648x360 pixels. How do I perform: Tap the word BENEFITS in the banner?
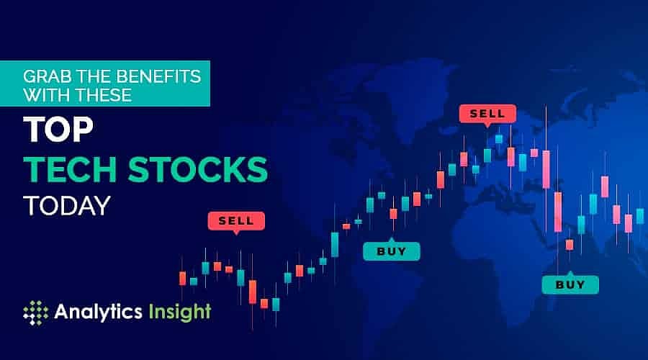click(x=150, y=74)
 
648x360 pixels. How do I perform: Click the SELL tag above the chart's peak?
click(x=487, y=114)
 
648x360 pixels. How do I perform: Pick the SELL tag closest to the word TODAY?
click(x=235, y=220)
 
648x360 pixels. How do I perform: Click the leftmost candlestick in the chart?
click(x=183, y=278)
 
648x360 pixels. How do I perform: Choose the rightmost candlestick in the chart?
click(x=640, y=215)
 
